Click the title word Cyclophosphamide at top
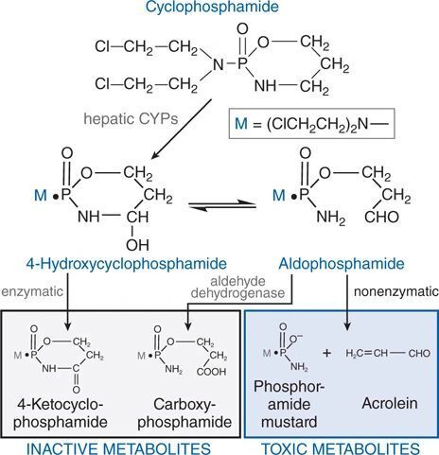click(212, 7)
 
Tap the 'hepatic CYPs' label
click(131, 119)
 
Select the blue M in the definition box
click(241, 124)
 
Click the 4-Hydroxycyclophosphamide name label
click(126, 264)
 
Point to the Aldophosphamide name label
click(342, 264)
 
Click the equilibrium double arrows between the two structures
click(222, 204)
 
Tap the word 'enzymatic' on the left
click(32, 291)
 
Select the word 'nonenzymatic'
click(396, 291)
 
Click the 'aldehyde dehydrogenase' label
click(237, 288)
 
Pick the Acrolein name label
click(390, 403)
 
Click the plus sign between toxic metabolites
click(327, 353)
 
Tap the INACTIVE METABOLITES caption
click(118, 448)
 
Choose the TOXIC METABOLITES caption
click(341, 448)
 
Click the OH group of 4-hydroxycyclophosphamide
click(137, 245)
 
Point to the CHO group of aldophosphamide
click(381, 217)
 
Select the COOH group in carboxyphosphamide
click(211, 372)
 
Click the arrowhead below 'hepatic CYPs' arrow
click(155, 154)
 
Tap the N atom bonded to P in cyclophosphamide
click(219, 65)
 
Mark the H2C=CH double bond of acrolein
click(367, 354)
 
